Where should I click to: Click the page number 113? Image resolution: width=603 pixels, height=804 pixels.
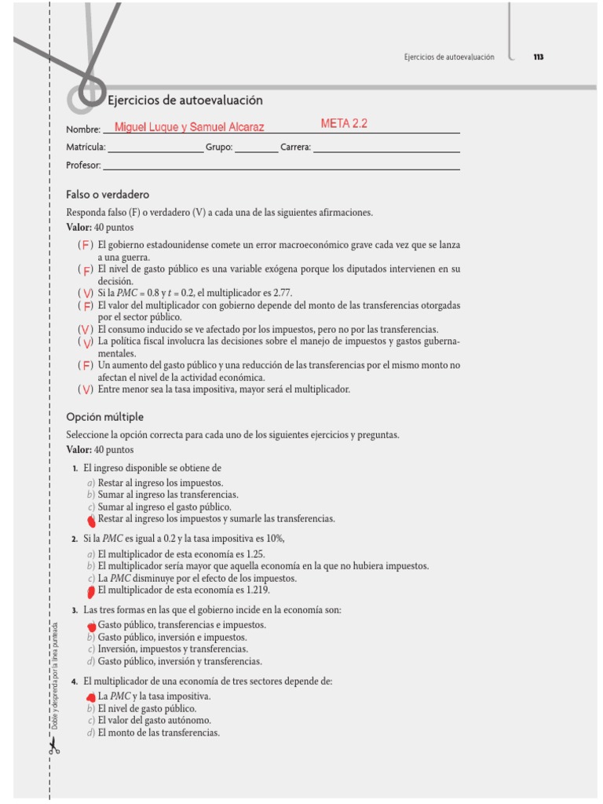(x=539, y=57)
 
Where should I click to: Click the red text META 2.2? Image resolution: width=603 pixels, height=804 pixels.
(x=344, y=123)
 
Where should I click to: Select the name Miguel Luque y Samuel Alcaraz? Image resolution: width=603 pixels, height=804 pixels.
(x=189, y=126)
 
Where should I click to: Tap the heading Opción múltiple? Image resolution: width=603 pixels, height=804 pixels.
(x=105, y=416)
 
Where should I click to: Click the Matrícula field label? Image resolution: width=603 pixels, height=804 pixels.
(x=86, y=147)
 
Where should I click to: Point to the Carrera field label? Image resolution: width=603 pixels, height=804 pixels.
(x=295, y=147)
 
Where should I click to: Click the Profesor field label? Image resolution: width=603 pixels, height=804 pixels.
(x=83, y=165)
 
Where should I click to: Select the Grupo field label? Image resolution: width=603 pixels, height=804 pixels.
(x=218, y=147)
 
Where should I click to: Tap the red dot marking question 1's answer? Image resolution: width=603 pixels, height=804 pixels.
(x=92, y=520)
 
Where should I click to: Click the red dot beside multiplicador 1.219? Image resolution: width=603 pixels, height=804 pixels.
(x=91, y=591)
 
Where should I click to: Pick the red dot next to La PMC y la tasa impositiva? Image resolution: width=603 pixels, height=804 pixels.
(x=91, y=696)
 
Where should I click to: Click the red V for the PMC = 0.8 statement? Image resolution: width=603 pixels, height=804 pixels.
(x=86, y=294)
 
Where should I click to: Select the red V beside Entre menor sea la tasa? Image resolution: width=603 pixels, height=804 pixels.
(x=86, y=389)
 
